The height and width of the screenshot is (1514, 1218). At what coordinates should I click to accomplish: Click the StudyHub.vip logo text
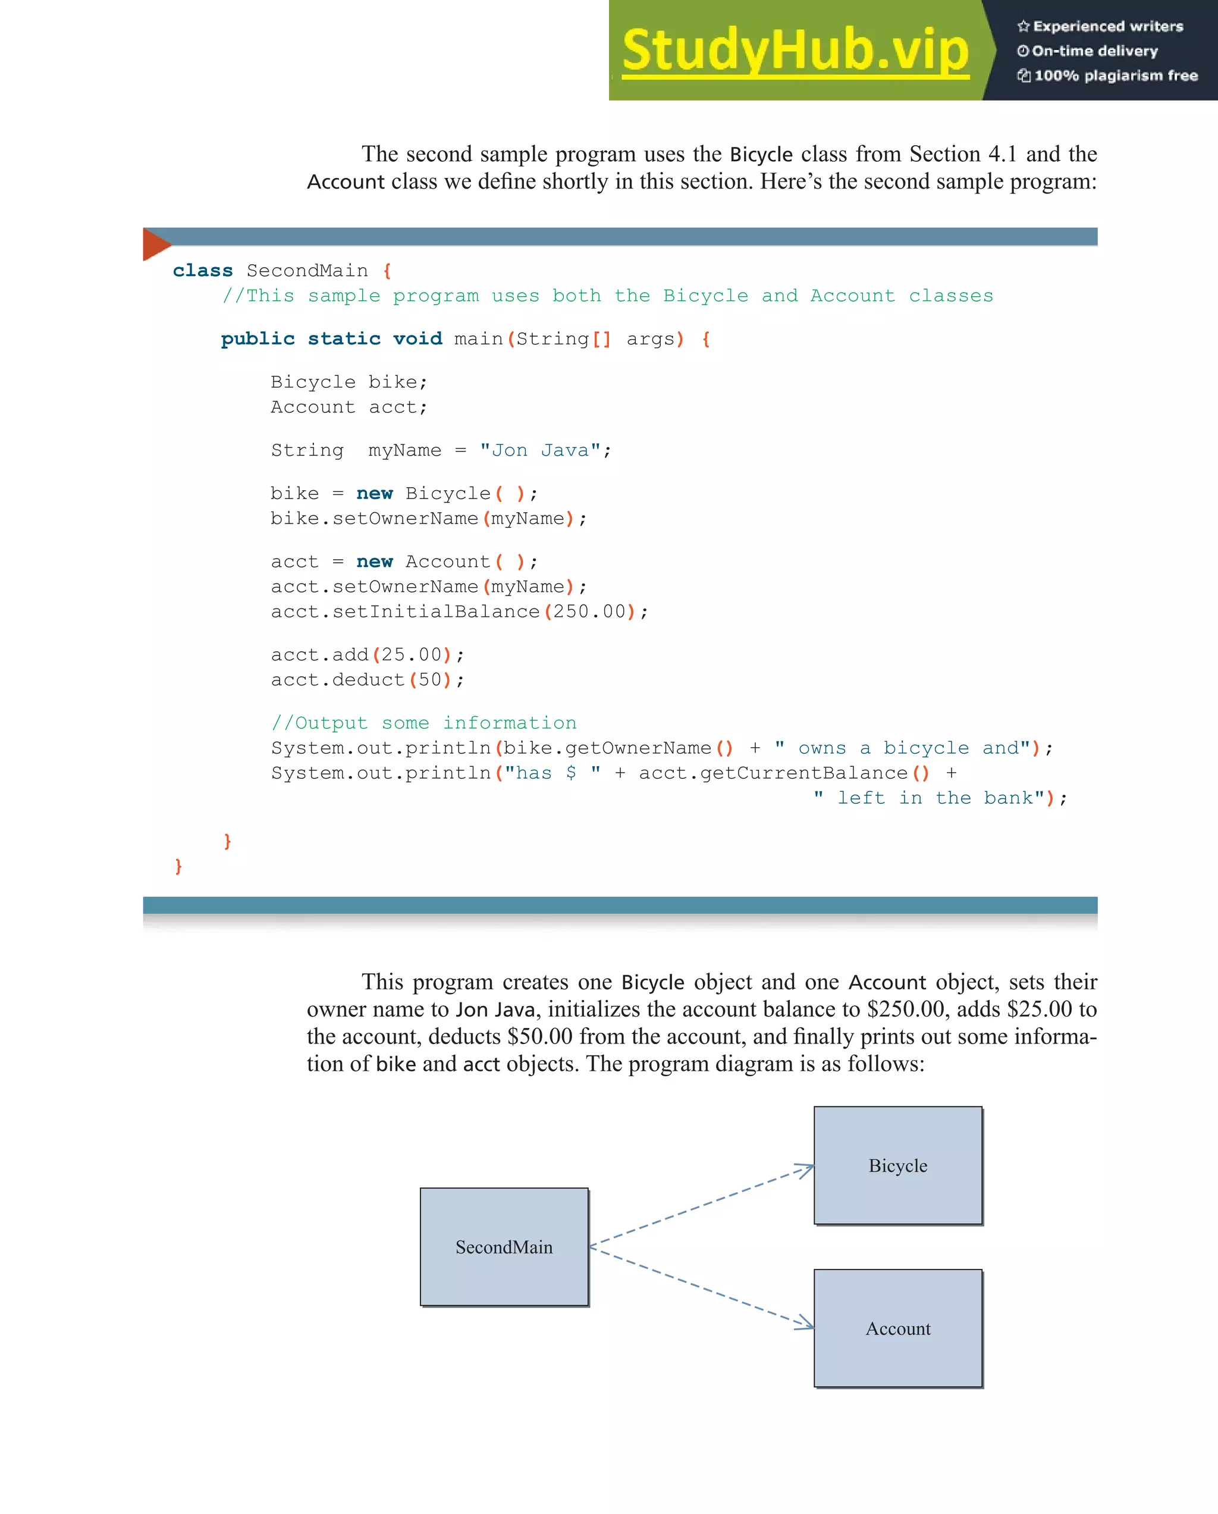pos(795,51)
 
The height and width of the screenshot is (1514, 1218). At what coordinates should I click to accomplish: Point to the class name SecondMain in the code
pos(307,271)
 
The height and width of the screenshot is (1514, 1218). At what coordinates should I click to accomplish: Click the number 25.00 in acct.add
pos(412,655)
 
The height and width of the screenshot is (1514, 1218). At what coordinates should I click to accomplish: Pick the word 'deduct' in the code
pos(369,681)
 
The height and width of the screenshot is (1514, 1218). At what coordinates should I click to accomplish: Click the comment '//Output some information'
pos(423,723)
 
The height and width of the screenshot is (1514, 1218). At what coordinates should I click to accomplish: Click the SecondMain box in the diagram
pos(504,1247)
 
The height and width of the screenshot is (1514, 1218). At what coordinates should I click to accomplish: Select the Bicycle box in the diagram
pos(898,1166)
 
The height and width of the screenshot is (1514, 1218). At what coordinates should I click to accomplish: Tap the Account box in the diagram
pos(898,1328)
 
